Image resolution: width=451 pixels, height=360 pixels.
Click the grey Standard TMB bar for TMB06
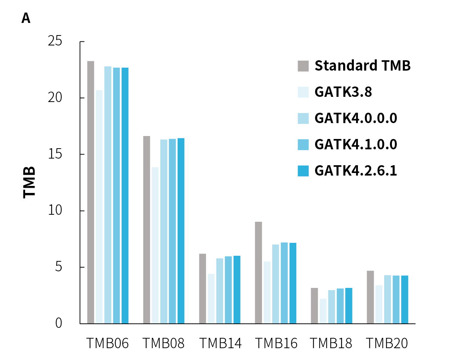tap(90, 192)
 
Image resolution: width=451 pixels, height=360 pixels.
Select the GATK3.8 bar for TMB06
tap(99, 207)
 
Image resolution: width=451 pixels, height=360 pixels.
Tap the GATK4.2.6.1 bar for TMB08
tap(181, 231)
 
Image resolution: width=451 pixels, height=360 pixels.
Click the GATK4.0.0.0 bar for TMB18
tap(331, 307)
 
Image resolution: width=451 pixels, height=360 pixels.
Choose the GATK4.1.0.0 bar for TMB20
tap(396, 299)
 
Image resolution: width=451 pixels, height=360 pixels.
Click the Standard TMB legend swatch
tap(303, 66)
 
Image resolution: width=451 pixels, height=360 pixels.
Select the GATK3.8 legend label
tap(343, 92)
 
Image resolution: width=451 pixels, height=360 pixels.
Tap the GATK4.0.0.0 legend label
tap(356, 118)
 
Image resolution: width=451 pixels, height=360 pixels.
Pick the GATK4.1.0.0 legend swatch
tap(303, 145)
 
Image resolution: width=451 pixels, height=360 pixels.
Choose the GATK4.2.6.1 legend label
tap(356, 171)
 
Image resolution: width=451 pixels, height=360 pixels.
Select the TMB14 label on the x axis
tap(221, 344)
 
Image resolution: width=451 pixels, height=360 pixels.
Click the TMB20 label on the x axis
tap(387, 344)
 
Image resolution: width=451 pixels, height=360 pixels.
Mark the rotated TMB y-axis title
tap(29, 182)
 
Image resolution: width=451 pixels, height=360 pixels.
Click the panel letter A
tap(26, 18)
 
